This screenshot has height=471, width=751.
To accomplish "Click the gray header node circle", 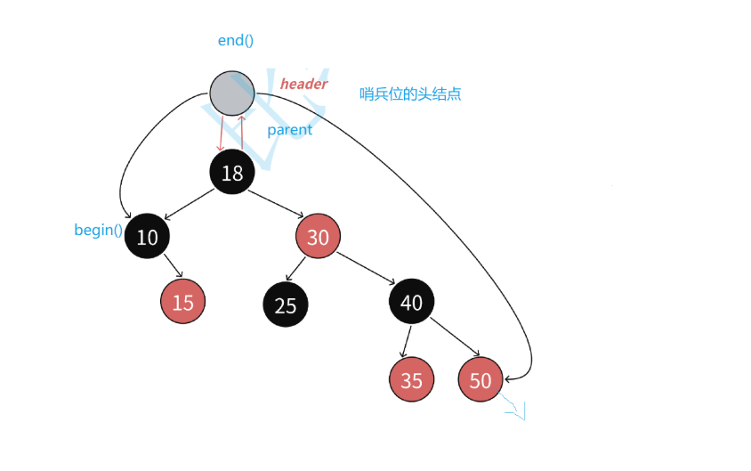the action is pyautogui.click(x=232, y=93).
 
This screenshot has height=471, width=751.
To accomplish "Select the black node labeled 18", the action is pyautogui.click(x=232, y=172).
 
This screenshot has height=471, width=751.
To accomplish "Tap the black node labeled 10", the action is pyautogui.click(x=147, y=236).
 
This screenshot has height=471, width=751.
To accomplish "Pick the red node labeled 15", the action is pyautogui.click(x=182, y=302).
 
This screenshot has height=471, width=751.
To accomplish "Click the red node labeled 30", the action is pyautogui.click(x=318, y=236).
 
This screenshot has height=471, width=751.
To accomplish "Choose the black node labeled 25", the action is pyautogui.click(x=286, y=305).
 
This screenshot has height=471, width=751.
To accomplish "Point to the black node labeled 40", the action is pyautogui.click(x=411, y=302).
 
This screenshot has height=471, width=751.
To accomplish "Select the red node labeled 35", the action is pyautogui.click(x=411, y=380).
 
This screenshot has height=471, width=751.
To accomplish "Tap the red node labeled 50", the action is pyautogui.click(x=480, y=380).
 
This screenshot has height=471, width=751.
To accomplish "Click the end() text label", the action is pyautogui.click(x=236, y=41).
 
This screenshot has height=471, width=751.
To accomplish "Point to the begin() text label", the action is pyautogui.click(x=98, y=231).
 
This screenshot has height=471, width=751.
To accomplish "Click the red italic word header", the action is pyautogui.click(x=304, y=84).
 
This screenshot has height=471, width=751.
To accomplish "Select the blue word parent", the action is pyautogui.click(x=290, y=130).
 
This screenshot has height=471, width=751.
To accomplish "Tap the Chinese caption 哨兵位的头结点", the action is pyautogui.click(x=410, y=93).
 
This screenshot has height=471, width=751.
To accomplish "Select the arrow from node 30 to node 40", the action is pyautogui.click(x=365, y=269).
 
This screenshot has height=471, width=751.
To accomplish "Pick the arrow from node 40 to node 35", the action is pyautogui.click(x=407, y=341).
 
